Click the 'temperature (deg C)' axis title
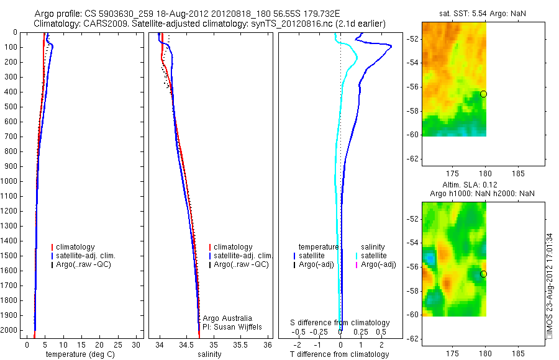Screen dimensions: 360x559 click(79, 354)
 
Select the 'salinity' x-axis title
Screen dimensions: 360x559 click(209, 354)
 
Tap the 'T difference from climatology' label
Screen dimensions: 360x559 click(340, 354)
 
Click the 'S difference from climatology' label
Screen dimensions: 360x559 click(340, 323)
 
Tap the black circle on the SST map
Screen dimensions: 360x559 click(483, 94)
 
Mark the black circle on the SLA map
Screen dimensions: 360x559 click(483, 274)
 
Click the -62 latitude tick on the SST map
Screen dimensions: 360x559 click(413, 158)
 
